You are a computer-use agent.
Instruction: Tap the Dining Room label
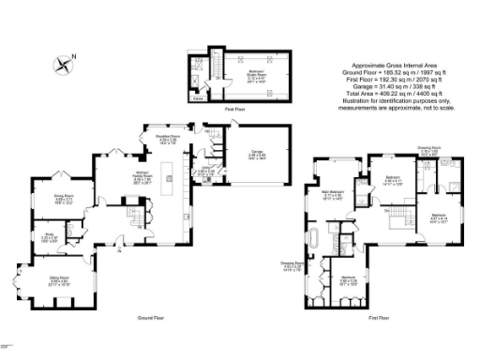pyautogui.click(x=63, y=197)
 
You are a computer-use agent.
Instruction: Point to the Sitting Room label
pyautogui.click(x=60, y=278)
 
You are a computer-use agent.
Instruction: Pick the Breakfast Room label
pyautogui.click(x=166, y=141)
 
